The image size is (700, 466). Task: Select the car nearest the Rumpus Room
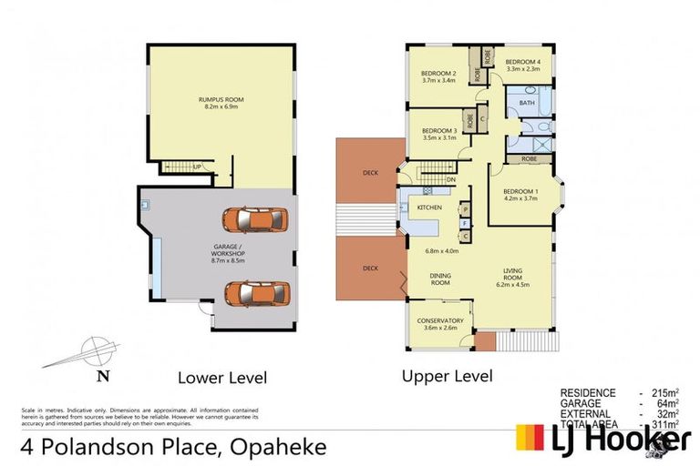point(255,219)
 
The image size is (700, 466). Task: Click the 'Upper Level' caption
point(447,376)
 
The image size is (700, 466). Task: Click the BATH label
point(527,103)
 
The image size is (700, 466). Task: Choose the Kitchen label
point(429,208)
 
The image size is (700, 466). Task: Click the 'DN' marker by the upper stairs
point(451,179)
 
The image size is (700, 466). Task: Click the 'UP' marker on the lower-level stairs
point(196,167)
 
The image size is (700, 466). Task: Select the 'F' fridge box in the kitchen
point(464,222)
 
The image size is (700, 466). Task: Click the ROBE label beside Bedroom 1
point(529,158)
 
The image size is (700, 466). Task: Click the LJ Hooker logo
point(602,439)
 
